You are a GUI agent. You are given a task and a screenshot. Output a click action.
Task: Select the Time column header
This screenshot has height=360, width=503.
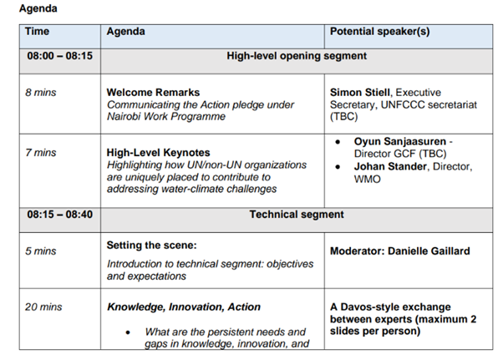[x=37, y=32]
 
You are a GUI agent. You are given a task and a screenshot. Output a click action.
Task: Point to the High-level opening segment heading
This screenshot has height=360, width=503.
[x=297, y=57]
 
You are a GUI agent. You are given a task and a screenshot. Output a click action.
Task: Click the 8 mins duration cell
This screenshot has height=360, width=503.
[x=40, y=93]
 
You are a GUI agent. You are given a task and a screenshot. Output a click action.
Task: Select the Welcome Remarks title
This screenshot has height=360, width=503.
[x=153, y=93]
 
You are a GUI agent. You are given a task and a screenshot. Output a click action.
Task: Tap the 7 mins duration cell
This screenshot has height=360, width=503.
[x=40, y=153]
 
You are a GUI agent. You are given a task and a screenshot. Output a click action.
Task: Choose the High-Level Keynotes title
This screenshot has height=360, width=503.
[x=159, y=154]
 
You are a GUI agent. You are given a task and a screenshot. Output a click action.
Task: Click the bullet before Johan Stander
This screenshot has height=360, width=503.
[x=337, y=166]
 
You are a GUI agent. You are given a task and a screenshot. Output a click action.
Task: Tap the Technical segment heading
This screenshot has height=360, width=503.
[x=297, y=215]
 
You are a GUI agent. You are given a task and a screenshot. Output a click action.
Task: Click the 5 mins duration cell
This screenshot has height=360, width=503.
[x=40, y=251]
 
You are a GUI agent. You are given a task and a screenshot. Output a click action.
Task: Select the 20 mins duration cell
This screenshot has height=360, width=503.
[x=43, y=307]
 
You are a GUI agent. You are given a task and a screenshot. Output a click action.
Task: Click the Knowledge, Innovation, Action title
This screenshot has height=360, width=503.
[x=184, y=307]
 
